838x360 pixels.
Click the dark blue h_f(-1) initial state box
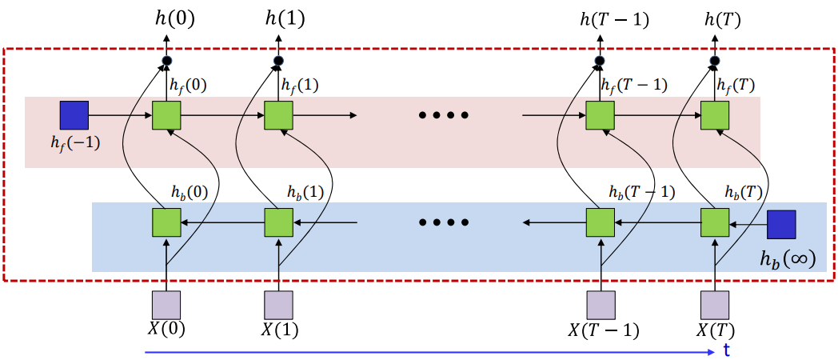click(74, 115)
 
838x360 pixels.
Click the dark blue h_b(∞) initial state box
click(781, 224)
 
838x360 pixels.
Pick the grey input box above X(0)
click(166, 305)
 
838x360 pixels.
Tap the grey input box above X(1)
click(279, 305)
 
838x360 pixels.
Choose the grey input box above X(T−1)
click(601, 305)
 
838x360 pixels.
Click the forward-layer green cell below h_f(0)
click(166, 115)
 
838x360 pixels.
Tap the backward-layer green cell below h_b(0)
click(166, 222)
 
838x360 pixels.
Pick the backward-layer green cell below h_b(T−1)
click(601, 222)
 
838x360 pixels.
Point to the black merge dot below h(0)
click(167, 61)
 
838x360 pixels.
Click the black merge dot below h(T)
click(715, 61)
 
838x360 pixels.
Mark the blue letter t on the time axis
click(726, 350)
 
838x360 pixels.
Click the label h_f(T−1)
click(632, 83)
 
